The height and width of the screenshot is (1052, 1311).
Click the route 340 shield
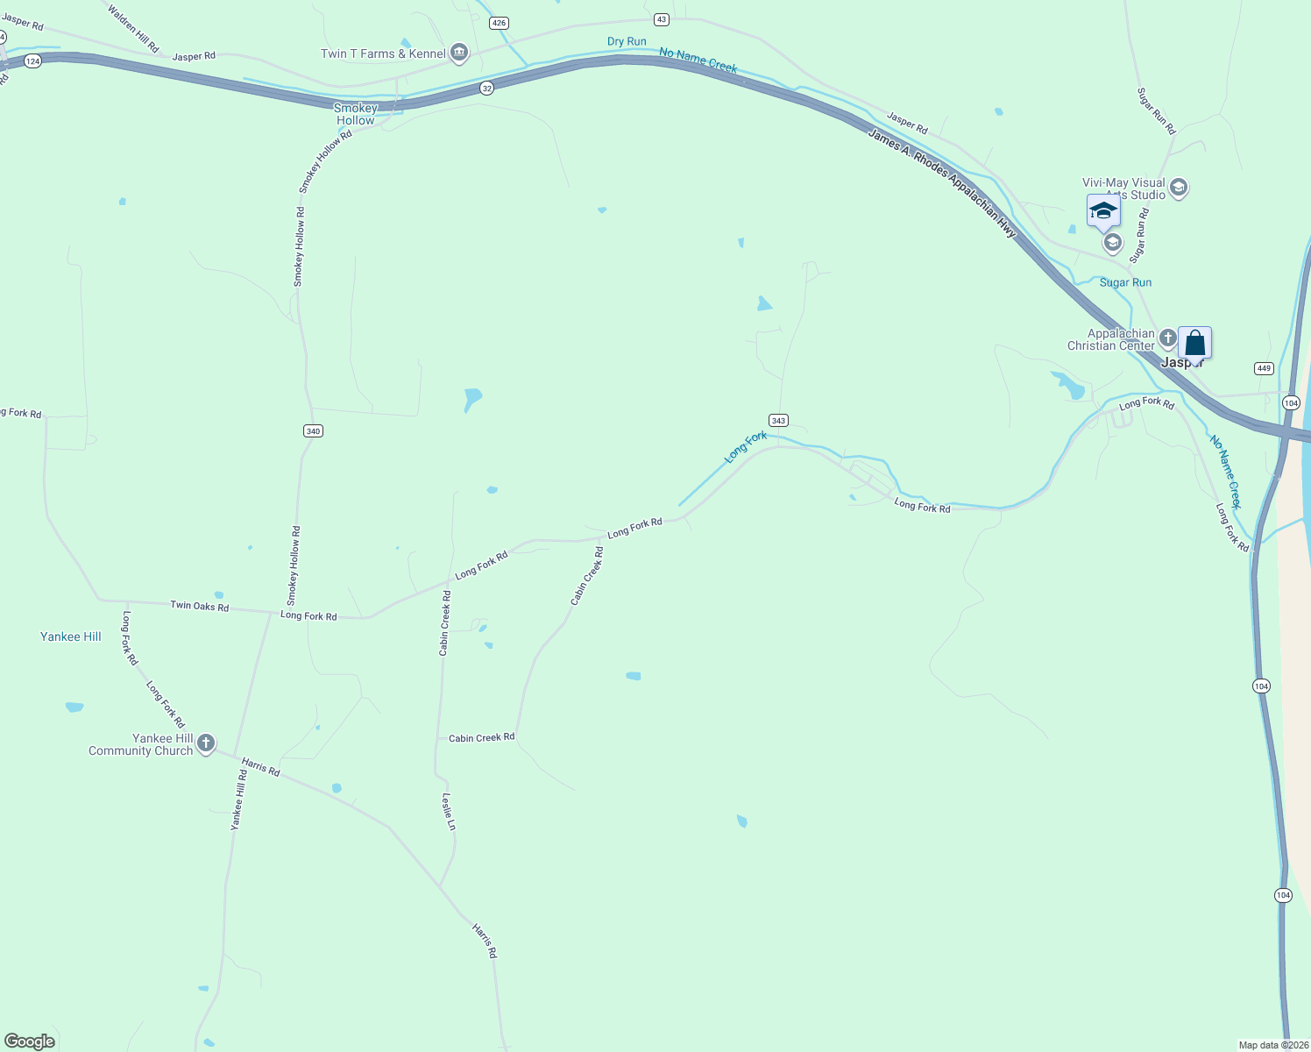point(314,430)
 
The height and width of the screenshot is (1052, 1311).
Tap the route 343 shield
point(778,421)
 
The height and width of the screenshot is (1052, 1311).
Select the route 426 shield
point(499,23)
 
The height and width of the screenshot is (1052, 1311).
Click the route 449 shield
point(1264,368)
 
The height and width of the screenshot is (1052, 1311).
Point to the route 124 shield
point(33,61)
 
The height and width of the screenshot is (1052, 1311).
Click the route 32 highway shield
point(487,88)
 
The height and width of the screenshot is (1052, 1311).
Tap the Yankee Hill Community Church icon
point(206,744)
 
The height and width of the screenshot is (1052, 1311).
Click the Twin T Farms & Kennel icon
point(458,53)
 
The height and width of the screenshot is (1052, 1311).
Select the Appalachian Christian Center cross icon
point(1167,338)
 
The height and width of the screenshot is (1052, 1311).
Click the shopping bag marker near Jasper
point(1194,343)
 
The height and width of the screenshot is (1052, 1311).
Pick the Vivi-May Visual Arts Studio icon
point(1179,187)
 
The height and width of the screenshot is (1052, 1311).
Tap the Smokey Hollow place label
point(356,114)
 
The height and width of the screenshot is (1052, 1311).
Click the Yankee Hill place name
point(71,636)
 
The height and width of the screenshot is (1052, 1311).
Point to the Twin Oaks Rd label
point(199,606)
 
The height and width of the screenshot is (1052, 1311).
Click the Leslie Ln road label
point(449,812)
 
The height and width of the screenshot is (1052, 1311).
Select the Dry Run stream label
point(627,41)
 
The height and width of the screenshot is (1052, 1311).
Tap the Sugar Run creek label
point(1125,282)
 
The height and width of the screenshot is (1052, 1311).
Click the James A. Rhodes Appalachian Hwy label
point(942,182)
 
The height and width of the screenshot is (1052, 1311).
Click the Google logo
point(30,1041)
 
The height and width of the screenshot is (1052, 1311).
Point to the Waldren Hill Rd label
point(133,27)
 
